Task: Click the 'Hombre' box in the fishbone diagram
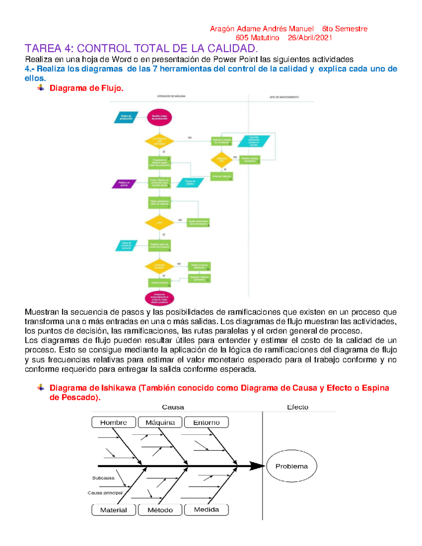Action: pos(114,422)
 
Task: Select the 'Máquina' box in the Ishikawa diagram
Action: pos(160,422)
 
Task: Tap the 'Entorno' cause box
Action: pos(206,422)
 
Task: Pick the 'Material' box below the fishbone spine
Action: pos(114,510)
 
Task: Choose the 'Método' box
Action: pos(160,510)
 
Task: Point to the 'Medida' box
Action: pos(206,509)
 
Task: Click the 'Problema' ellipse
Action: pos(292,466)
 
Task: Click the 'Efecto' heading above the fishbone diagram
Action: pos(298,407)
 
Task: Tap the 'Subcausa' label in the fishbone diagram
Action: pos(103,478)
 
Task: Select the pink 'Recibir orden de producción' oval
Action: pos(159,117)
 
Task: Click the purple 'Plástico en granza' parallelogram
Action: pos(124,184)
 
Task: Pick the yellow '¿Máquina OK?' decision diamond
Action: pos(222,160)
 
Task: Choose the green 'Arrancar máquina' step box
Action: pos(222,176)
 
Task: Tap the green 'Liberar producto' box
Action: pos(159,283)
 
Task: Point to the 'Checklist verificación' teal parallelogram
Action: pos(254,141)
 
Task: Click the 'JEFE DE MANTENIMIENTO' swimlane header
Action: pos(284,97)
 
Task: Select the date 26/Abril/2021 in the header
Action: pos(310,38)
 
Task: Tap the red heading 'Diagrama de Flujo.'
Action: pos(87,88)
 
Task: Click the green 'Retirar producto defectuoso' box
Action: pos(199,266)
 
